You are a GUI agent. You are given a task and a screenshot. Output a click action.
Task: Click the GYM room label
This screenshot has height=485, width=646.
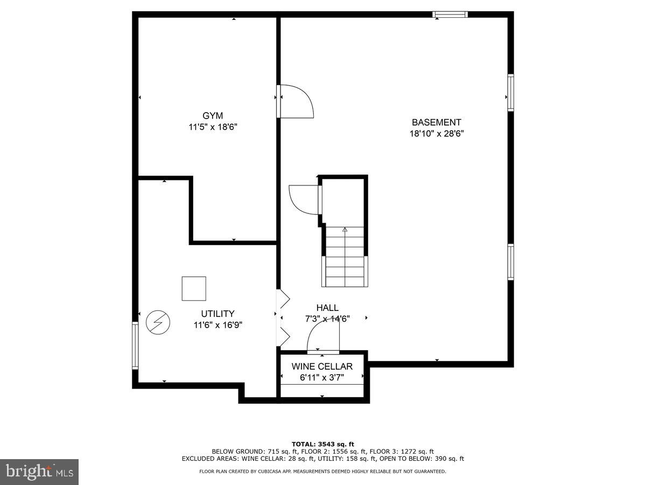tap(213, 115)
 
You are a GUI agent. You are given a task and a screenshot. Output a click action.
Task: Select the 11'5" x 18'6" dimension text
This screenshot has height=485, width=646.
tap(213, 127)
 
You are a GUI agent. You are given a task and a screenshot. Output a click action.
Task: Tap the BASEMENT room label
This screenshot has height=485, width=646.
tap(436, 122)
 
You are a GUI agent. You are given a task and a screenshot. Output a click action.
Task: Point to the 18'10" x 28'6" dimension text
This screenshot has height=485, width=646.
tap(436, 134)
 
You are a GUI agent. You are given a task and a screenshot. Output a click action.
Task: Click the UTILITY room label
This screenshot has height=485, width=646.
tap(217, 314)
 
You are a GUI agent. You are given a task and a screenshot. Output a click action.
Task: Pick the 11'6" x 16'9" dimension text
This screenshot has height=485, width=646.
tap(217, 325)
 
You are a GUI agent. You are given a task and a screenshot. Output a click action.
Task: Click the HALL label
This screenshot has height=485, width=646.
tap(327, 308)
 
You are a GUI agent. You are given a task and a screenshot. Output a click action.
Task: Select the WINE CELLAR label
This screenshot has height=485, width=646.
tap(322, 366)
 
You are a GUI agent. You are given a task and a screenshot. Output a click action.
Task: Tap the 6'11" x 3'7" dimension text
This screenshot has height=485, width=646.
tap(322, 378)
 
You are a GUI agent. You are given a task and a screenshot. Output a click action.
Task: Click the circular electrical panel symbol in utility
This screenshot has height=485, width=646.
tap(158, 322)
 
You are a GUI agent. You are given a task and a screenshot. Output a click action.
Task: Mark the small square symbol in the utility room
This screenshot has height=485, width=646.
tap(194, 288)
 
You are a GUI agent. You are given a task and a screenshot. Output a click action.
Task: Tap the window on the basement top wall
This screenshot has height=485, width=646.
tap(450, 15)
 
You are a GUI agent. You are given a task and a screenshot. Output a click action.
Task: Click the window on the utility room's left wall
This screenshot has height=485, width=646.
tap(135, 345)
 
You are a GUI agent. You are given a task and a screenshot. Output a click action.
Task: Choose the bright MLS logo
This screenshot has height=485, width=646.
tap(39, 472)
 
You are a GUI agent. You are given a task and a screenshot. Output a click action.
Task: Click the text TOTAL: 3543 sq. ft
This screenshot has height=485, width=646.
tap(322, 444)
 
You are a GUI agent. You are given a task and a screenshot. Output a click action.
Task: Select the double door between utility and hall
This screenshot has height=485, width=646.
tap(282, 318)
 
